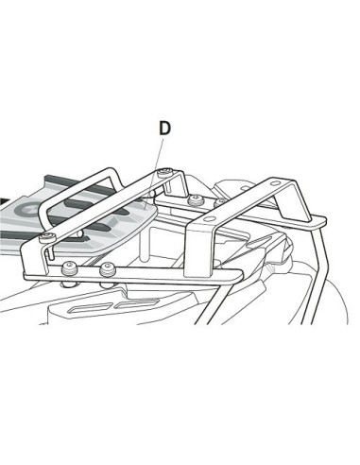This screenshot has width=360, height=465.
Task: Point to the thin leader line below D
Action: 161,151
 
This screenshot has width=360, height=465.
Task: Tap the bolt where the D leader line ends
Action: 165,172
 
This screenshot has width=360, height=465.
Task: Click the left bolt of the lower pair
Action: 69,272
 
